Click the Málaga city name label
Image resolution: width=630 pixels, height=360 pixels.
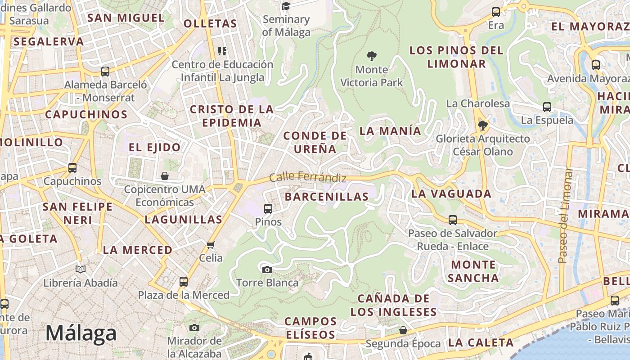[x=81, y=333]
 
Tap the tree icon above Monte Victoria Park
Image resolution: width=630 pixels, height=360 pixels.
[x=371, y=56]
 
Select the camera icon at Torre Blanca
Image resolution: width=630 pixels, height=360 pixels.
[x=267, y=270]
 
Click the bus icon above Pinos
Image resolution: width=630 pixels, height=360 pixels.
[x=268, y=208]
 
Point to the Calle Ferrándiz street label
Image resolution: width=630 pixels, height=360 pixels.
[x=308, y=178]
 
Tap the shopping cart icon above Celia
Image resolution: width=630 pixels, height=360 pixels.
[x=210, y=245]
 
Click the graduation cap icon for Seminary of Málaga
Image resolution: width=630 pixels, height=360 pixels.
[x=286, y=6]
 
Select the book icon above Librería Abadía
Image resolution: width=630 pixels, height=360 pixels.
[x=81, y=269]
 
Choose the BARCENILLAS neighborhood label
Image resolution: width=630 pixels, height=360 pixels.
[x=327, y=197]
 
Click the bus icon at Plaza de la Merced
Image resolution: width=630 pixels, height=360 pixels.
[x=183, y=282]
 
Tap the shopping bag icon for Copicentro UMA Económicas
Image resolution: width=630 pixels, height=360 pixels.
[x=165, y=176]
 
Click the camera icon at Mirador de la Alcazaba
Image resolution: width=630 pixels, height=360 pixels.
[x=194, y=328]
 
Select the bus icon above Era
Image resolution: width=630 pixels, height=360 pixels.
[x=496, y=12]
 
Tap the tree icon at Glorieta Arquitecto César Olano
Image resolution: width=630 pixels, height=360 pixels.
[x=483, y=125]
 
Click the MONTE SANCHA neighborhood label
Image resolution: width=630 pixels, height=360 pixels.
[x=473, y=271]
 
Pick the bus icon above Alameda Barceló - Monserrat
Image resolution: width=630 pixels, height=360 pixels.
[x=105, y=71]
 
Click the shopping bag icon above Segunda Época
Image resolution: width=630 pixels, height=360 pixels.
[x=403, y=330]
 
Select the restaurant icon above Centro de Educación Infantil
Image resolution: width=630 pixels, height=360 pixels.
[x=222, y=51]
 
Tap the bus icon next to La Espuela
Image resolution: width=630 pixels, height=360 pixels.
[x=547, y=107]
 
